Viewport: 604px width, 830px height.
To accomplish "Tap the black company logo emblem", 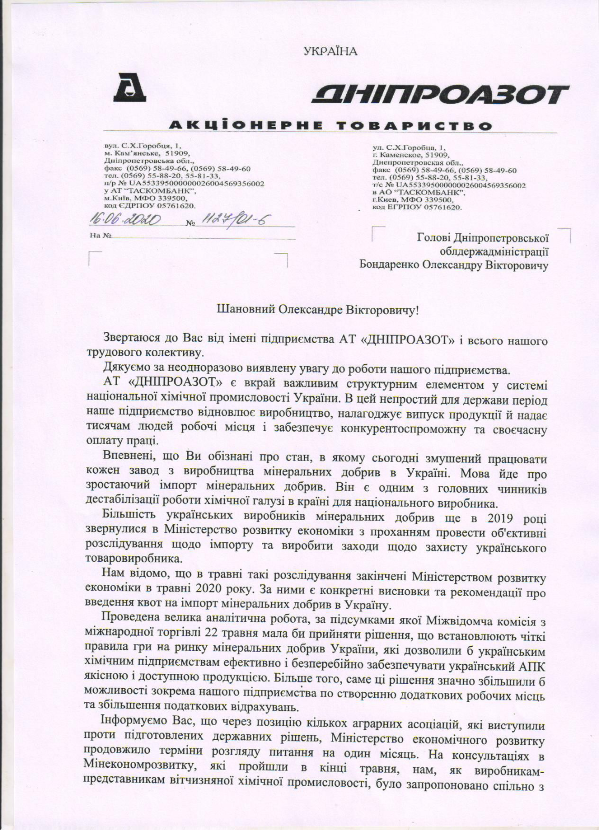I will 130,88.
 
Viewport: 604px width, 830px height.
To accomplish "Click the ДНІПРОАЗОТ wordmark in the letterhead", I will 439,95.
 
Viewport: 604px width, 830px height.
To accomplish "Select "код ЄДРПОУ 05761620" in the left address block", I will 150,207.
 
